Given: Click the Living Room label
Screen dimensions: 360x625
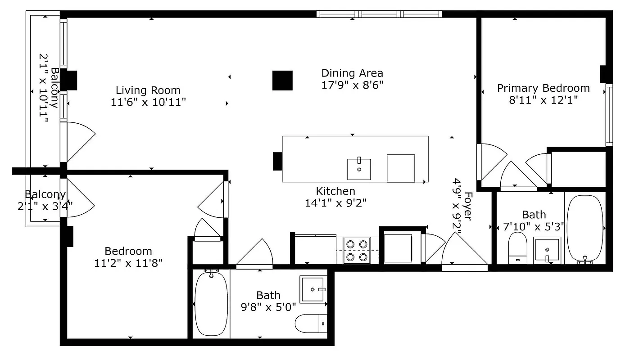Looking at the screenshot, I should [148, 90].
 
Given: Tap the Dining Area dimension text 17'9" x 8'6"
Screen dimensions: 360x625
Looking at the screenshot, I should [352, 85].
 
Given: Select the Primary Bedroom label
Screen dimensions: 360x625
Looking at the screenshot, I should [543, 88].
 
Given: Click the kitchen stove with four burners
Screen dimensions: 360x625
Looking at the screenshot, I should [356, 251].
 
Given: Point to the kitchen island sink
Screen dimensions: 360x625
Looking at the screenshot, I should [359, 169].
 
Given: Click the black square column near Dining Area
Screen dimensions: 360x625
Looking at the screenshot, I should [282, 81].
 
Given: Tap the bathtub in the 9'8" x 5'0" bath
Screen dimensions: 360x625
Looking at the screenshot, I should [211, 303].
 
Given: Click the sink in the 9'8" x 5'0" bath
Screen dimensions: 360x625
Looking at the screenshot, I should [312, 290].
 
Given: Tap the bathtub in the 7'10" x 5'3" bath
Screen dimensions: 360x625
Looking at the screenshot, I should [584, 229].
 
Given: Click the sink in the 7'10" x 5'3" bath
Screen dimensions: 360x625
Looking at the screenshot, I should [547, 251].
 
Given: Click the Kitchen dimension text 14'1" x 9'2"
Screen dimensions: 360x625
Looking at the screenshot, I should [335, 203].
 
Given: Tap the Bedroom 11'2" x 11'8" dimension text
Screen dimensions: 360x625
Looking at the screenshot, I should [128, 263].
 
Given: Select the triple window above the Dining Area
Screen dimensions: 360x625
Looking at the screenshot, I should [379, 14].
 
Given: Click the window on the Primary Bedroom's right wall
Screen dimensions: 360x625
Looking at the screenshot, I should [609, 115].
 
